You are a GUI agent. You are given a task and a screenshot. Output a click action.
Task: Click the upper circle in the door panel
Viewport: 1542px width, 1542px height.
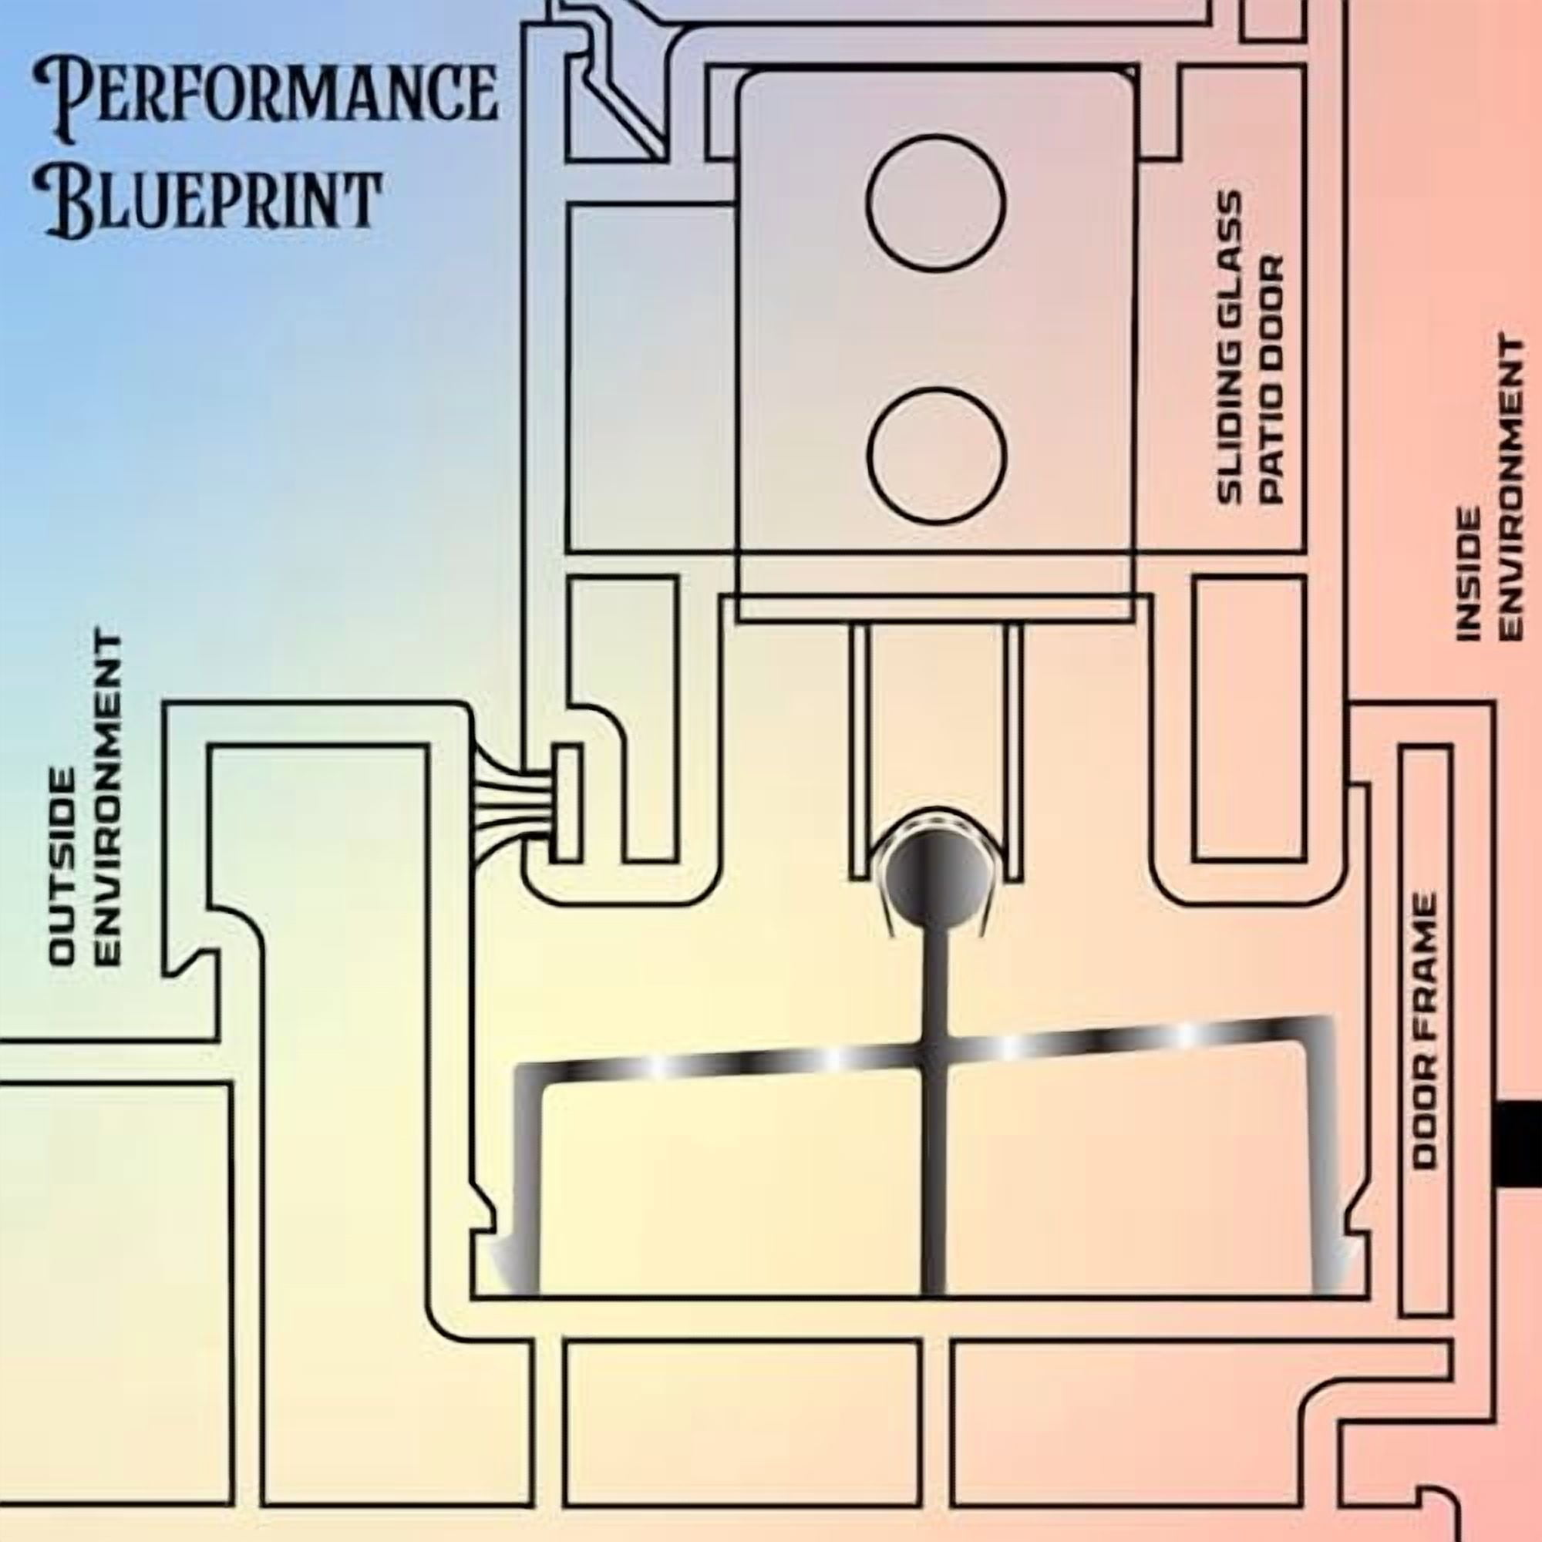(935, 204)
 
